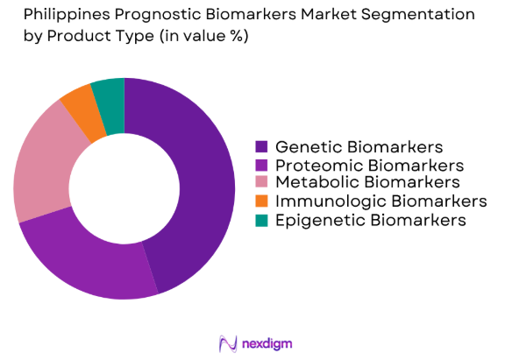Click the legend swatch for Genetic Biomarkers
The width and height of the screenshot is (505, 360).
pyautogui.click(x=261, y=146)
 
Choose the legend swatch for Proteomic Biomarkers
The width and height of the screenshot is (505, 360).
pyautogui.click(x=261, y=165)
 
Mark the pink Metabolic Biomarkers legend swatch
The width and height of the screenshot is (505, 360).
pyautogui.click(x=261, y=183)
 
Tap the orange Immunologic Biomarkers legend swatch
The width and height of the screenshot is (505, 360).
pyautogui.click(x=261, y=201)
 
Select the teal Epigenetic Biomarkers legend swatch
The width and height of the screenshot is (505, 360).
pyautogui.click(x=261, y=220)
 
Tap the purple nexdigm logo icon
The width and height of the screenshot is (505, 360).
pyautogui.click(x=228, y=341)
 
